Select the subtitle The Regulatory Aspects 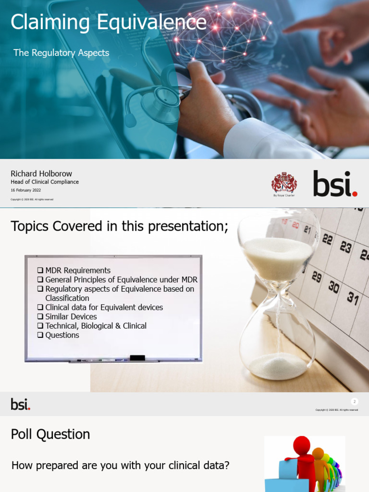point(61,53)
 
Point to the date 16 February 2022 point(26,190)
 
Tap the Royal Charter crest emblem point(284,183)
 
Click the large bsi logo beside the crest point(335,184)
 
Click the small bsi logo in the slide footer point(21,404)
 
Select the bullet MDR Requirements point(77,271)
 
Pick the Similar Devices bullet point(71,317)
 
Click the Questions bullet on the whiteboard point(62,335)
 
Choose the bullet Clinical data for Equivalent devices point(104,307)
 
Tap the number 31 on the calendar point(353,298)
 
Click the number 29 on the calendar point(316,277)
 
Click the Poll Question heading point(50,434)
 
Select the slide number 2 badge point(355,402)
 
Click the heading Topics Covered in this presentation point(119,226)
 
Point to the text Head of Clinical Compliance point(45,182)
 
